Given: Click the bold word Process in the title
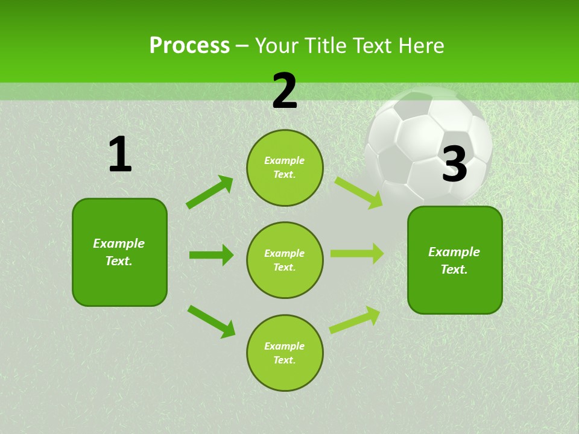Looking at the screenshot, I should [x=189, y=45].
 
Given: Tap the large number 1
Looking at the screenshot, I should [x=120, y=155].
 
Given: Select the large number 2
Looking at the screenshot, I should [x=285, y=91].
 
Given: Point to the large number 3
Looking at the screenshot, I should [x=455, y=164].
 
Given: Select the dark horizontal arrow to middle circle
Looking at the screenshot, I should [x=211, y=255].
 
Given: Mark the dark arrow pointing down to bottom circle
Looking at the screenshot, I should [x=211, y=321].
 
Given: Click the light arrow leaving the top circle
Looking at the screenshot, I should [x=358, y=192].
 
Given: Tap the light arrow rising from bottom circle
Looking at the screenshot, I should [x=355, y=320].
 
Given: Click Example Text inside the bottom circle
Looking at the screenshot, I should [x=285, y=353].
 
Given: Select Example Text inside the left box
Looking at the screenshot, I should [x=119, y=252].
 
